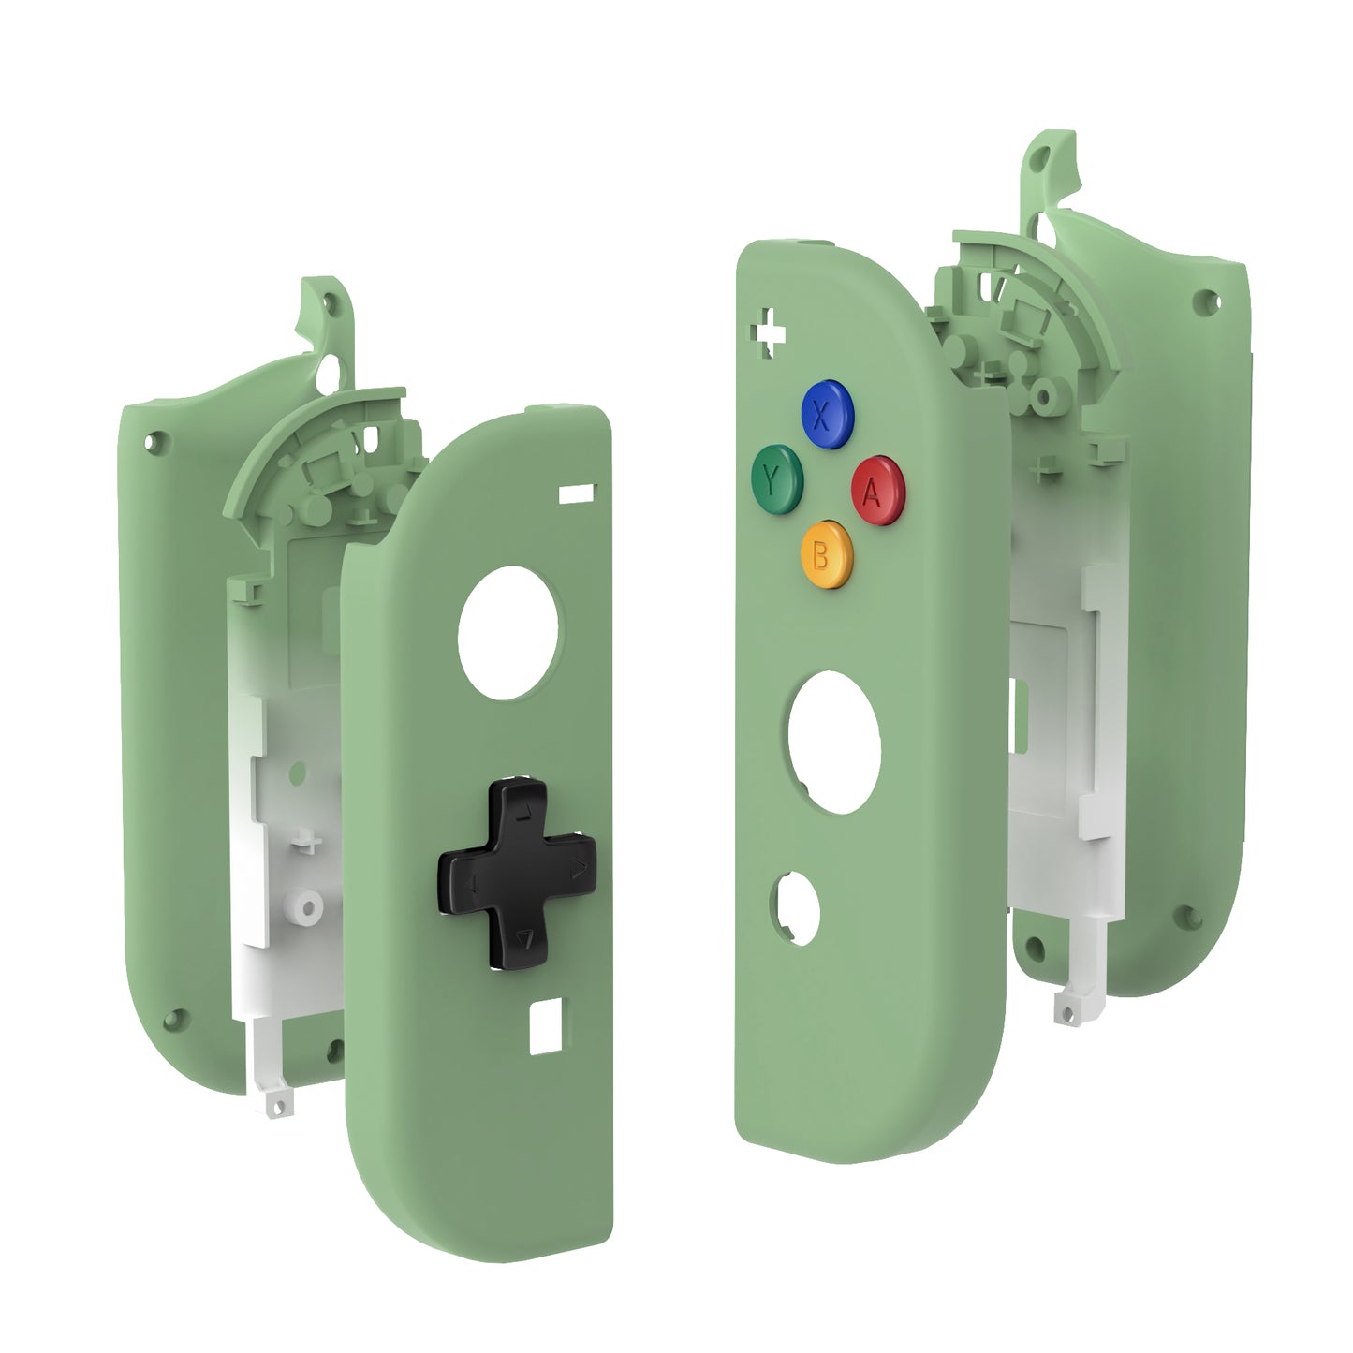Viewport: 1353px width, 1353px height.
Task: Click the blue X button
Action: click(827, 414)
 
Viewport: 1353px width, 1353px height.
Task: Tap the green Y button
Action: click(776, 478)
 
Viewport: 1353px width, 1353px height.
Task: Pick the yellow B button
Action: click(827, 554)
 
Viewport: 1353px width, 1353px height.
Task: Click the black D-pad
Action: click(518, 874)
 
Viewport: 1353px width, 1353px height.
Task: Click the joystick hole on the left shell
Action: click(507, 633)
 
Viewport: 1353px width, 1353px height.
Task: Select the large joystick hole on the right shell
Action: click(834, 743)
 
